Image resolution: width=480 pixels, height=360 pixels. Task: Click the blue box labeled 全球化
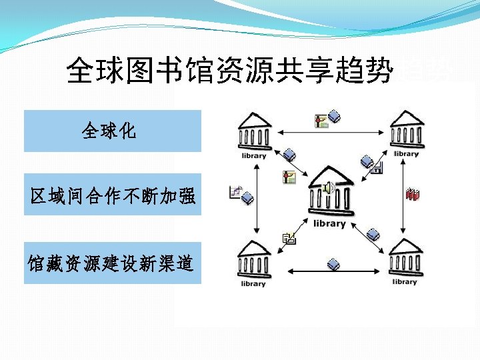click(x=112, y=131)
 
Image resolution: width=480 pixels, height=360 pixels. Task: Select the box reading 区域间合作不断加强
click(x=112, y=195)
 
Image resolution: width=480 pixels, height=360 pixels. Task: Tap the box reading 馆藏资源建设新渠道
click(x=112, y=263)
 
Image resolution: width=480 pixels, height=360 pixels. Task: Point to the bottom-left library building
click(x=253, y=259)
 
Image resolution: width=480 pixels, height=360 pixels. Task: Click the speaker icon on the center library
click(x=328, y=188)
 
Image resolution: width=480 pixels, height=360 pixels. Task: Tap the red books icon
click(x=413, y=195)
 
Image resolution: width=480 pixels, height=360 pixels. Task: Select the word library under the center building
click(x=328, y=223)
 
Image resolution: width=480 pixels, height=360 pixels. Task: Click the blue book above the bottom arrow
click(x=333, y=265)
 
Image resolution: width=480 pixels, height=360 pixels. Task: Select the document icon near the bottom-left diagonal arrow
click(x=289, y=237)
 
